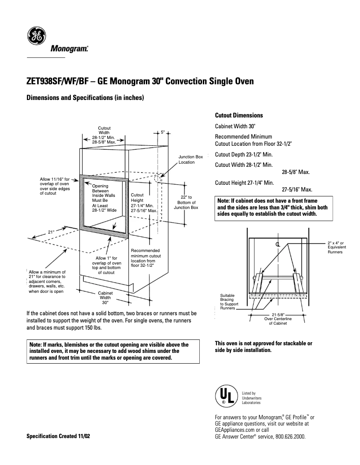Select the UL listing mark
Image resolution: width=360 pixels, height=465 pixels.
(x=226, y=396)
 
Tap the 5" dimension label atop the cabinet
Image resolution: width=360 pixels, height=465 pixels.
(x=163, y=132)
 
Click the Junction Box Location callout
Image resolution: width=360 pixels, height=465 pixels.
(x=191, y=159)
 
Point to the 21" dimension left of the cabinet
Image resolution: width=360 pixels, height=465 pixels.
(x=51, y=232)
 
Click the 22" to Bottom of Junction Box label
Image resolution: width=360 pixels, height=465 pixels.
(x=186, y=202)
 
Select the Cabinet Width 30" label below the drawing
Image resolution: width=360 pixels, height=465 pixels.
(x=105, y=297)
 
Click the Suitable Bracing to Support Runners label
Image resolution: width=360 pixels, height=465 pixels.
(x=229, y=302)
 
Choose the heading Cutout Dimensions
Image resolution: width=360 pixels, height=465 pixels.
(x=239, y=115)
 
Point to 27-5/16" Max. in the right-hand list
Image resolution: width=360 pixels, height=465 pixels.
(x=297, y=190)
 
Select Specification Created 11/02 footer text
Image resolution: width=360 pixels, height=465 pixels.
(x=58, y=436)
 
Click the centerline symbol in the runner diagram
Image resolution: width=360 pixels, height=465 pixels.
(x=278, y=244)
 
